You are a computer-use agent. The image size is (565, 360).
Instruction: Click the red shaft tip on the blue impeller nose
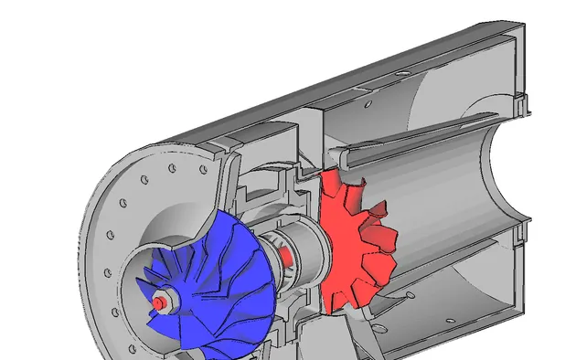157,302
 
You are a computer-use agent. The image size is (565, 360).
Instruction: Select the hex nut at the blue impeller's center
164,299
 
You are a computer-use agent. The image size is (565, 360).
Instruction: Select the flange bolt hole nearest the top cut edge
172,168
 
